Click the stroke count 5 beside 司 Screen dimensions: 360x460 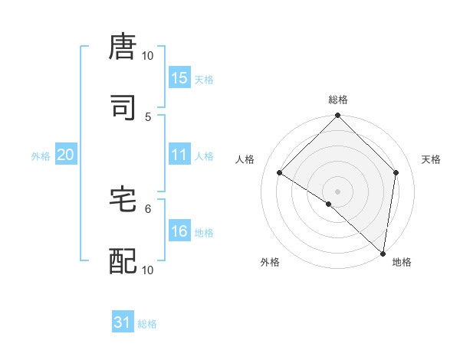(149, 117)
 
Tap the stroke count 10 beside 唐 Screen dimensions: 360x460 (148, 56)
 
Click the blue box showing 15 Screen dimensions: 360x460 (179, 78)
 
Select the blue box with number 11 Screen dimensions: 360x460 (179, 155)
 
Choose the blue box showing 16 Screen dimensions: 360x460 (179, 231)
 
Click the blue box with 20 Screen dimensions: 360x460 (66, 155)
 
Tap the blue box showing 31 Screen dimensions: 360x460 (123, 323)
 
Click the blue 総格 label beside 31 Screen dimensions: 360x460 (147, 324)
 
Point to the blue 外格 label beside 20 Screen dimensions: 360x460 (41, 155)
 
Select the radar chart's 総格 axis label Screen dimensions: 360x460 (338, 100)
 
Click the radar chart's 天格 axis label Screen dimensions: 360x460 (432, 159)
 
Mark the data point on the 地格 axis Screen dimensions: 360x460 (383, 253)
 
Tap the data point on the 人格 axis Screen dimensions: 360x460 (280, 172)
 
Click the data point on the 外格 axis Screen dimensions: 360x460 (329, 204)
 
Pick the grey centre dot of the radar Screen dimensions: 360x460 (338, 191)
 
